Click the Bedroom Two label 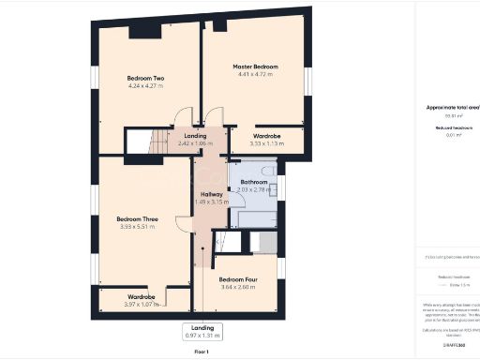point(146,77)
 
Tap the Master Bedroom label point(255,67)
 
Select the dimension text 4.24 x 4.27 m point(146,86)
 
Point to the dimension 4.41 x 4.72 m point(255,76)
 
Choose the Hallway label point(210,194)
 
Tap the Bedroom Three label point(138,218)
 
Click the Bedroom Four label point(238,279)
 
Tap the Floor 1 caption point(201,351)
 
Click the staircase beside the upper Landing point(138,143)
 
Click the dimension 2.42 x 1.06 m point(195,143)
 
